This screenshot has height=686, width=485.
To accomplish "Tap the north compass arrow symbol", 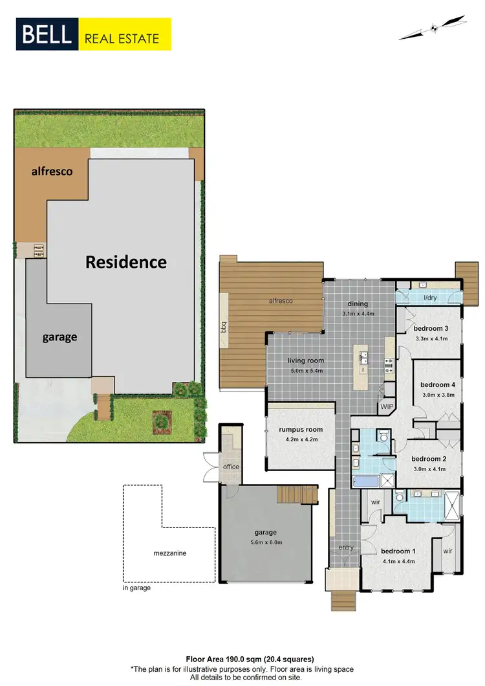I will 433,28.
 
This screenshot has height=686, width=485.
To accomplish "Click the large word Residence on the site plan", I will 126,262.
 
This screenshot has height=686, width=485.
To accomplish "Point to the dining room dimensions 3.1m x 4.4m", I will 358,314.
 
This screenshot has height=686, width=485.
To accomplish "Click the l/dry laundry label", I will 429,298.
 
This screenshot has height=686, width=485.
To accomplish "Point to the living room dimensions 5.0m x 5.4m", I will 306,371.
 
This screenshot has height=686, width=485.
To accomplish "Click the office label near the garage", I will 231,467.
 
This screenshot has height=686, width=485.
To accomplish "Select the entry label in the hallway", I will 346,548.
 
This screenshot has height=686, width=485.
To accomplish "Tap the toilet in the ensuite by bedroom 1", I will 400,497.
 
